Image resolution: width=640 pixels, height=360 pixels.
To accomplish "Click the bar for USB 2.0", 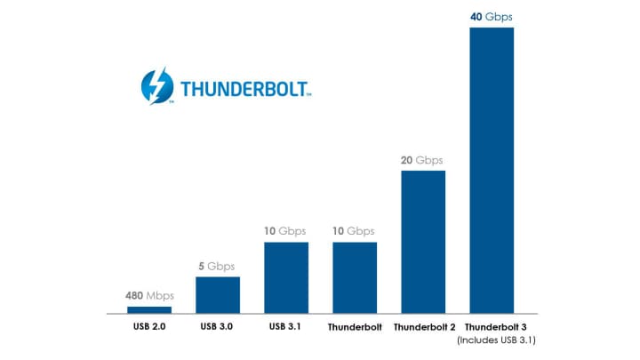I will tap(149, 309).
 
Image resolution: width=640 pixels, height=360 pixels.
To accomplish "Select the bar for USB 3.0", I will tap(218, 295).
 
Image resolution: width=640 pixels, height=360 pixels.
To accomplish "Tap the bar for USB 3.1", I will tap(286, 277).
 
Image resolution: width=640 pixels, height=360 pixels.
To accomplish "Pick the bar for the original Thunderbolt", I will tap(355, 277).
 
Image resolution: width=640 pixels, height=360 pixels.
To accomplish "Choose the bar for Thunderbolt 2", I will tap(423, 242).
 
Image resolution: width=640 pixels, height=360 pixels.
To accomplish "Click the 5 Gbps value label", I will tap(218, 266).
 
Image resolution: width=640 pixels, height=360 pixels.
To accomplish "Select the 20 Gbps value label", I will tap(423, 160).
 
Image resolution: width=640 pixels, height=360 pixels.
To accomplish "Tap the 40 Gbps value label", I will tap(492, 17).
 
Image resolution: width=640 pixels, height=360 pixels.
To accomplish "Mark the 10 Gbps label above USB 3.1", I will tap(286, 231).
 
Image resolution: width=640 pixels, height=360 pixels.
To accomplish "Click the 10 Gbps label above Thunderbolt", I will tap(355, 231).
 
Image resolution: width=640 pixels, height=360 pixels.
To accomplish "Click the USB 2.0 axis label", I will tap(149, 327).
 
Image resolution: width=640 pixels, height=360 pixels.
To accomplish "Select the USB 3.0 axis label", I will tap(218, 327).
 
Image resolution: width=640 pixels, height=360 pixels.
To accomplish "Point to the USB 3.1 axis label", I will tap(286, 327).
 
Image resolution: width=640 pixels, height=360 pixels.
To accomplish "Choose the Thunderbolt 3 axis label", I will tap(494, 327).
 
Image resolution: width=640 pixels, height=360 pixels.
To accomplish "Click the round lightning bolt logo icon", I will tap(158, 87).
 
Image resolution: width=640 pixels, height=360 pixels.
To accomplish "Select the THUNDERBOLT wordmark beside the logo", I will tap(244, 90).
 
